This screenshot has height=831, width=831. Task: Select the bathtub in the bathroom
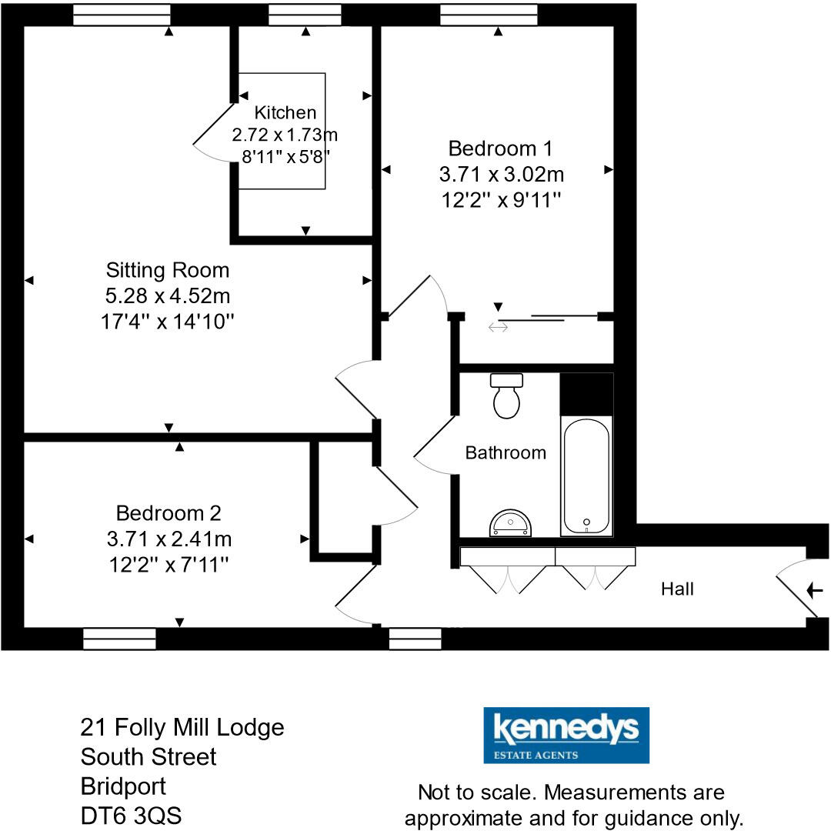point(587,475)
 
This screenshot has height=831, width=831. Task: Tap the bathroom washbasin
point(509,523)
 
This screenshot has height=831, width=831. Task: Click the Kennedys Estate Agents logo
point(566,735)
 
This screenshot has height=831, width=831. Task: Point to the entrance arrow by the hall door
point(815,590)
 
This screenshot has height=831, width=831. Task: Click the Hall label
point(677,589)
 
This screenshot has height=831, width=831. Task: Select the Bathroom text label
point(506,452)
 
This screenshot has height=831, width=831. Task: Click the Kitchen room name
point(285,112)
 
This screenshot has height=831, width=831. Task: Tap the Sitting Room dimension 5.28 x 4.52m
point(168,295)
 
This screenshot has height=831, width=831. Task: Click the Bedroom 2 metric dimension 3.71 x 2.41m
point(169,539)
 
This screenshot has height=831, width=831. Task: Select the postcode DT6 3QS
point(132,816)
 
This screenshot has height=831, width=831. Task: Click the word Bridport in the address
point(123,786)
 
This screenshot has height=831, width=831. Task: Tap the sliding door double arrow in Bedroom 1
point(498,328)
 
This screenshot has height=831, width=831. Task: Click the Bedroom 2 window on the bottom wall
point(119,639)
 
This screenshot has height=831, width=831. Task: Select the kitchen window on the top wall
point(305,15)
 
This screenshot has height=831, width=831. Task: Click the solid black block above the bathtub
point(586,394)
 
